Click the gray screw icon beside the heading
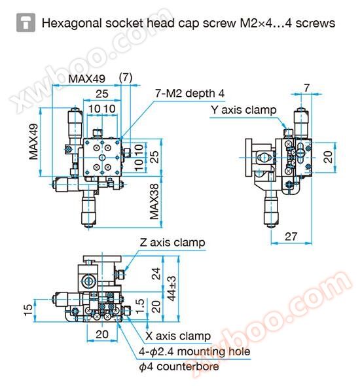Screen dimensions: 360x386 pos(26,23)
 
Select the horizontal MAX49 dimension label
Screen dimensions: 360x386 pos(86,79)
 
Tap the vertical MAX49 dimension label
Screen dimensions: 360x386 pos(33,141)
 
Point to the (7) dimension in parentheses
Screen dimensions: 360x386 pos(126,78)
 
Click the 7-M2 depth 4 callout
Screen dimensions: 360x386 pos(190,94)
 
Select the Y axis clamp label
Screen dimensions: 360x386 pos(243,110)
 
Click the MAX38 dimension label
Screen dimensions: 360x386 pos(154,202)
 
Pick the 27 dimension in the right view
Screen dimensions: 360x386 pos(291,237)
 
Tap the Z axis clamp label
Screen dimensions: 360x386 pos(172,243)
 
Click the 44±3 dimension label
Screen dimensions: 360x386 pos(171,289)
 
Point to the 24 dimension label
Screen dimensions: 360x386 pos(156,273)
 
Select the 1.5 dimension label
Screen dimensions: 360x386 pos(140,306)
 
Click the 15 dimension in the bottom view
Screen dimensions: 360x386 pos(28,310)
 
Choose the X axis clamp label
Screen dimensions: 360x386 pos(178,336)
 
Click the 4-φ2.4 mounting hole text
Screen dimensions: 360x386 pos(194,351)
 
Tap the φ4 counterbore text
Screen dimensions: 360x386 pos(179,366)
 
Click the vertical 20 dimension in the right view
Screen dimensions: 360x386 pos(328,157)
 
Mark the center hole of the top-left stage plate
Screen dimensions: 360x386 pos(102,158)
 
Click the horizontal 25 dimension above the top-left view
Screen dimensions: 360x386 pos(102,94)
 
